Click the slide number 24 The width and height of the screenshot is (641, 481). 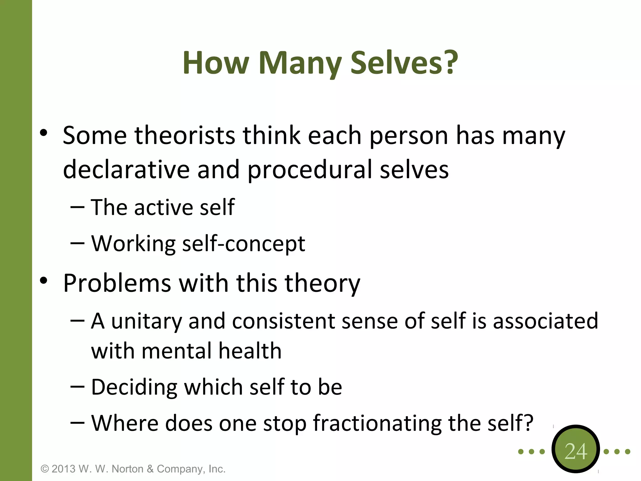576,451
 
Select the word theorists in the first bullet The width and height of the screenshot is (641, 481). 185,135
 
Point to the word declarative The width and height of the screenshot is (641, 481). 126,169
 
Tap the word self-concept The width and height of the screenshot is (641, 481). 244,244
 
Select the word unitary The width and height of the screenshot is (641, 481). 146,321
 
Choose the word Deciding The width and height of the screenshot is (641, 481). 134,387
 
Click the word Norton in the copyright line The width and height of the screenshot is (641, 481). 128,469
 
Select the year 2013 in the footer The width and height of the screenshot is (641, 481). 64,469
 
